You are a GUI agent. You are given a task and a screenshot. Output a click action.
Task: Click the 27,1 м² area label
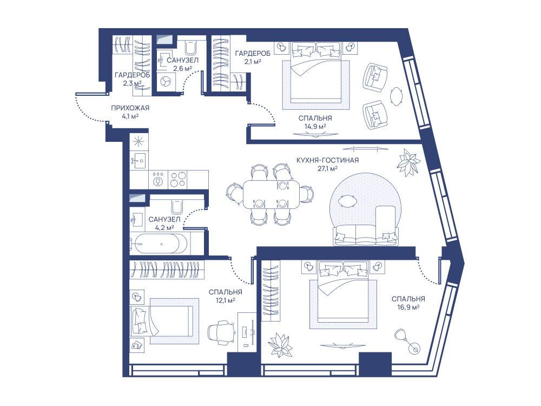[327, 169]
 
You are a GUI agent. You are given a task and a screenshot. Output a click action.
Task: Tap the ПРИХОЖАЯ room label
[130, 108]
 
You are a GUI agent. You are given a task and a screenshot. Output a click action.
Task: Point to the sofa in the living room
[366, 235]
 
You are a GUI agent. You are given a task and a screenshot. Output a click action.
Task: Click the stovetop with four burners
[178, 180]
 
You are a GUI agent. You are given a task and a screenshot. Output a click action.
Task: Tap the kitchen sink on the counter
[140, 161]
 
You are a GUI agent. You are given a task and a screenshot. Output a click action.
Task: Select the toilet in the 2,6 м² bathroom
[190, 47]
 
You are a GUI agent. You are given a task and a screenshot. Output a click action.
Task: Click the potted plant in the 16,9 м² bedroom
[280, 344]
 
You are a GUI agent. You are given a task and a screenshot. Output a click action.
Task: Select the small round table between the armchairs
[397, 96]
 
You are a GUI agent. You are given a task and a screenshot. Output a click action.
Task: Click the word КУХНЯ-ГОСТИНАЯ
[327, 161]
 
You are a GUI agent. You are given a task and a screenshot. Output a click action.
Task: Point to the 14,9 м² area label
[315, 126]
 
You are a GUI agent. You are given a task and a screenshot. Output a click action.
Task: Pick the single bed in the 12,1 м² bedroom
[161, 320]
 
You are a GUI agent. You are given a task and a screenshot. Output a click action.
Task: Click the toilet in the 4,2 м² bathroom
[177, 207]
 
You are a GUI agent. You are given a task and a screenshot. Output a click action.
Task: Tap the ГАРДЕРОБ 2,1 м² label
[253, 57]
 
